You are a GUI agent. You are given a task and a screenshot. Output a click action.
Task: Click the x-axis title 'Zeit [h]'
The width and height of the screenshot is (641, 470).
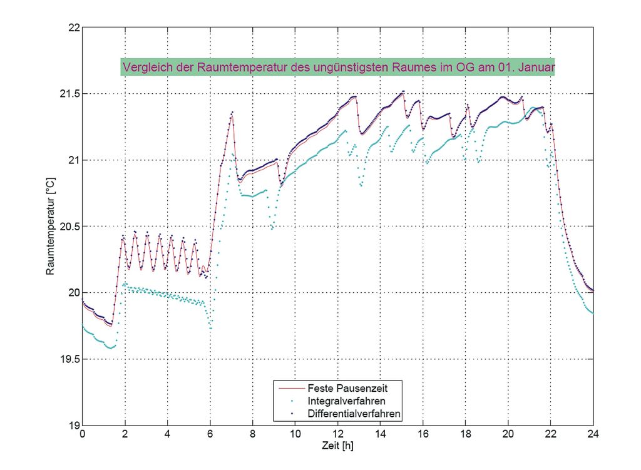point(337,447)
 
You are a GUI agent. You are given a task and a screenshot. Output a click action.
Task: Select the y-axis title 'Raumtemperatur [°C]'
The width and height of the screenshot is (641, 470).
point(51,227)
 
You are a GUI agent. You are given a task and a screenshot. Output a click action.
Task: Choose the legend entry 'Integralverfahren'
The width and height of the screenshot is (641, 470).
point(346,401)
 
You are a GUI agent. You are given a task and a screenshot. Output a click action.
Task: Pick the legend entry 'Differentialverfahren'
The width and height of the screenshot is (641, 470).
point(354,414)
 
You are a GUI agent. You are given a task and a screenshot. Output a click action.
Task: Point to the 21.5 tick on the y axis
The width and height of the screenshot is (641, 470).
point(66,94)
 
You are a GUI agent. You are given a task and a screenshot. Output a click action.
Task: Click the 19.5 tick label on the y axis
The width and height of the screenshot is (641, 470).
point(66,359)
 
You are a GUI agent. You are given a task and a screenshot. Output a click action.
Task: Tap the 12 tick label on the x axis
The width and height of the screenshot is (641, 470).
point(337,436)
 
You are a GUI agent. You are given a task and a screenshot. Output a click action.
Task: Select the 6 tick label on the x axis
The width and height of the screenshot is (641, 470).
point(210,436)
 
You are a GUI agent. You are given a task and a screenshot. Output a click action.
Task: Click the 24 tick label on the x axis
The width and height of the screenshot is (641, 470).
point(593,436)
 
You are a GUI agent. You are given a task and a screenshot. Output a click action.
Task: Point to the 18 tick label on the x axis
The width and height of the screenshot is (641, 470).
point(465,436)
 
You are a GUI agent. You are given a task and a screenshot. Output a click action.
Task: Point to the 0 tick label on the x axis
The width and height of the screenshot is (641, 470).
point(83,436)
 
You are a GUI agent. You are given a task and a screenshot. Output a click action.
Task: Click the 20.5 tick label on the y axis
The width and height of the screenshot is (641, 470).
point(66,227)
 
